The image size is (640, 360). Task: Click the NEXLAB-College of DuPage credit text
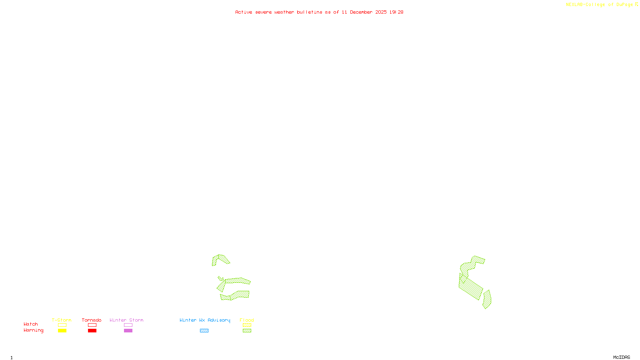602,5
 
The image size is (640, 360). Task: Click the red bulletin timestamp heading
319,12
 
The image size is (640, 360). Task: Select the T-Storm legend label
62,320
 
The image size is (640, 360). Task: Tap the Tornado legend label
92,320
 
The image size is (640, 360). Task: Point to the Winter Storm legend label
126,320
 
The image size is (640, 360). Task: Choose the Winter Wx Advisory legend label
205,320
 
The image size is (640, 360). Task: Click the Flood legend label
247,320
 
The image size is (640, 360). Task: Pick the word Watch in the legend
31,324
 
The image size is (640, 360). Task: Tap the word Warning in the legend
33,330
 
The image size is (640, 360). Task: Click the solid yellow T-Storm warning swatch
62,331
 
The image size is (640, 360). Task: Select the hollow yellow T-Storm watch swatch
62,325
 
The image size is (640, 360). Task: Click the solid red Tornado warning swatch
92,331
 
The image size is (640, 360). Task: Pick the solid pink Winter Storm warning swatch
128,331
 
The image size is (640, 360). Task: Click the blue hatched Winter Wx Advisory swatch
204,331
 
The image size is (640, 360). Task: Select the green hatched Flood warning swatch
247,331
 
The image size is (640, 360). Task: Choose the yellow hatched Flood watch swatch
247,325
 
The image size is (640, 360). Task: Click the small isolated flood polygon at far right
487,300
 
